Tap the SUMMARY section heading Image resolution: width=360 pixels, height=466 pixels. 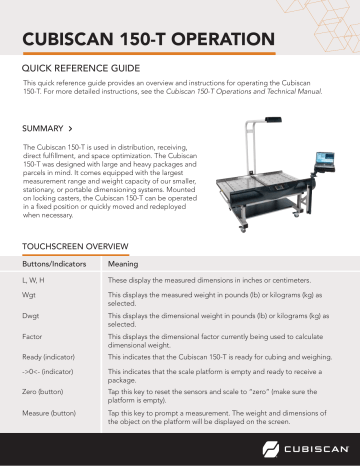tap(43, 129)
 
